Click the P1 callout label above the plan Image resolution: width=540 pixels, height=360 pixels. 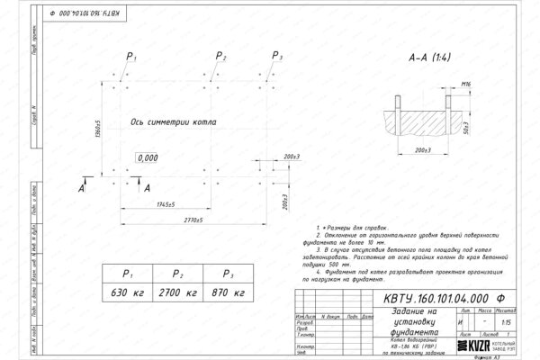click(131, 58)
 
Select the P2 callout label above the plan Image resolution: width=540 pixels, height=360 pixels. click(222, 58)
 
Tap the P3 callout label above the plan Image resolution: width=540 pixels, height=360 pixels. click(277, 58)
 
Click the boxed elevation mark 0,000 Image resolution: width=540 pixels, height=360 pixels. click(146, 157)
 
